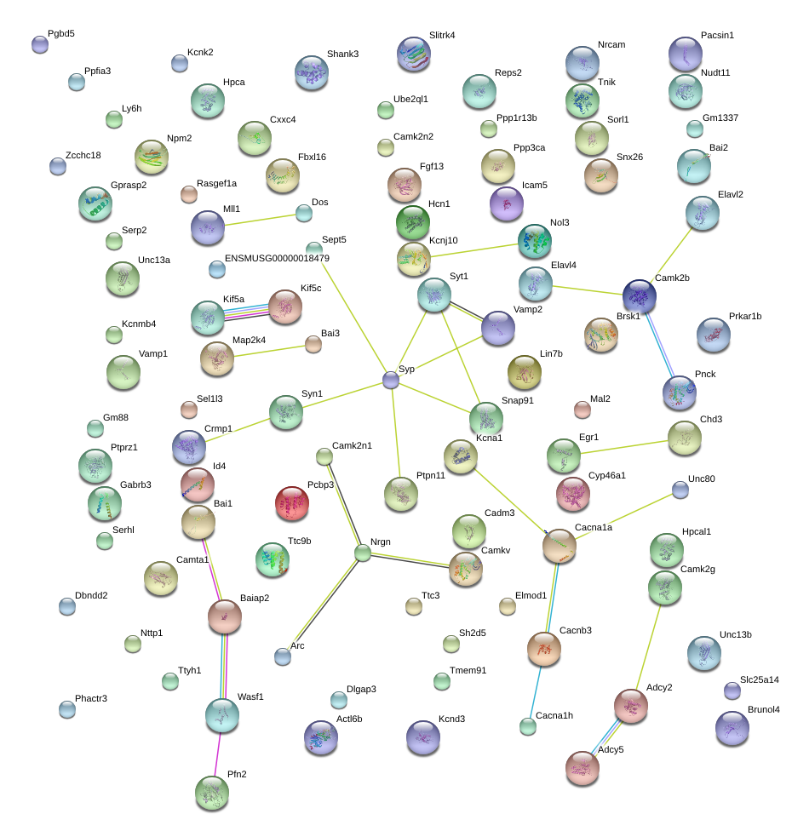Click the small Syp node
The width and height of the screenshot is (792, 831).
[x=391, y=381]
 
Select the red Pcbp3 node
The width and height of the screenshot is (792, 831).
[x=292, y=504]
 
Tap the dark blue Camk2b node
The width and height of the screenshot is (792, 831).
[x=639, y=296]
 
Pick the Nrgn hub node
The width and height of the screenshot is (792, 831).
[x=364, y=553]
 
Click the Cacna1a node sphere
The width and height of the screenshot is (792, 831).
[x=560, y=547]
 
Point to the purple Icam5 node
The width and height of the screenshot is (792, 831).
[x=507, y=203]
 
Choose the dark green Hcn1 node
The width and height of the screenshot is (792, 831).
[x=413, y=222]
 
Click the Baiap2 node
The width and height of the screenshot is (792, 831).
[x=225, y=616]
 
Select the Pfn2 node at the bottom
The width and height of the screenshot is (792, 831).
[x=212, y=794]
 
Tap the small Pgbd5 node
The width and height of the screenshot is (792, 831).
[x=40, y=44]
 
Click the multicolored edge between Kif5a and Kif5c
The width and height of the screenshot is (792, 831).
[x=247, y=312]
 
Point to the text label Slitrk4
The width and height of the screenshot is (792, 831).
[x=441, y=36]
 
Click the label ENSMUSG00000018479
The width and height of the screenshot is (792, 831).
[x=277, y=258]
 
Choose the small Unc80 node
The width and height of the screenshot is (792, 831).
[x=680, y=490]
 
